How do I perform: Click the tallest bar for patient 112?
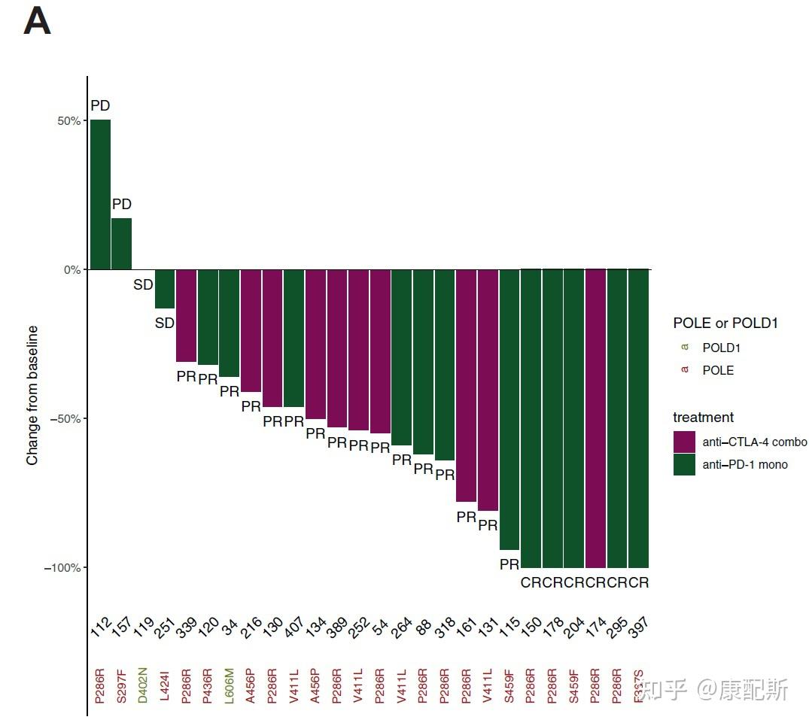tap(100, 194)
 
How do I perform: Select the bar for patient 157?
tap(122, 243)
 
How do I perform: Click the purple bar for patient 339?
tap(186, 315)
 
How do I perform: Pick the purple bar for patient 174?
tap(595, 418)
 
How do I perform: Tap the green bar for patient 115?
tap(509, 409)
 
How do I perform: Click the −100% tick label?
tap(62, 568)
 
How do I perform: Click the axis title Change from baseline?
tap(32, 395)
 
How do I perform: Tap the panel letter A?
tap(37, 21)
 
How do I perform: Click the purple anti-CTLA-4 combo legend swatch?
tap(684, 442)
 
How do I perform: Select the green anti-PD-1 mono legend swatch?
tap(684, 464)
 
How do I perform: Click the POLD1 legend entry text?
tap(722, 348)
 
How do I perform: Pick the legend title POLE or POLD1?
tap(725, 323)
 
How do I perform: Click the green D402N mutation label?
tap(143, 686)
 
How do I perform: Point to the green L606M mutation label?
tap(230, 686)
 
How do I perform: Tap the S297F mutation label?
tap(122, 686)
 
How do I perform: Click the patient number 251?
tap(166, 626)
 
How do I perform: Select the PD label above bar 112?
tap(100, 106)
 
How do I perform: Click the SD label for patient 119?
tap(143, 285)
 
